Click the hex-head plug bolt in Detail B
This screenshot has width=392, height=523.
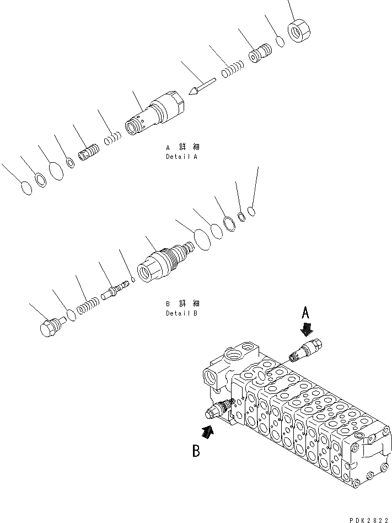point(50,327)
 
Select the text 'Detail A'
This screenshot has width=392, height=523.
point(181,157)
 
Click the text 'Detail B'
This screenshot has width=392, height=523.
point(181,313)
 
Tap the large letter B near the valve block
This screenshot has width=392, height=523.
point(196,452)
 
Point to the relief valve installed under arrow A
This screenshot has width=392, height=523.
point(307,351)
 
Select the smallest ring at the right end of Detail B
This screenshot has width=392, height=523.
point(251,210)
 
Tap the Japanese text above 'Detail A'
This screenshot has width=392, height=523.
point(182,147)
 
